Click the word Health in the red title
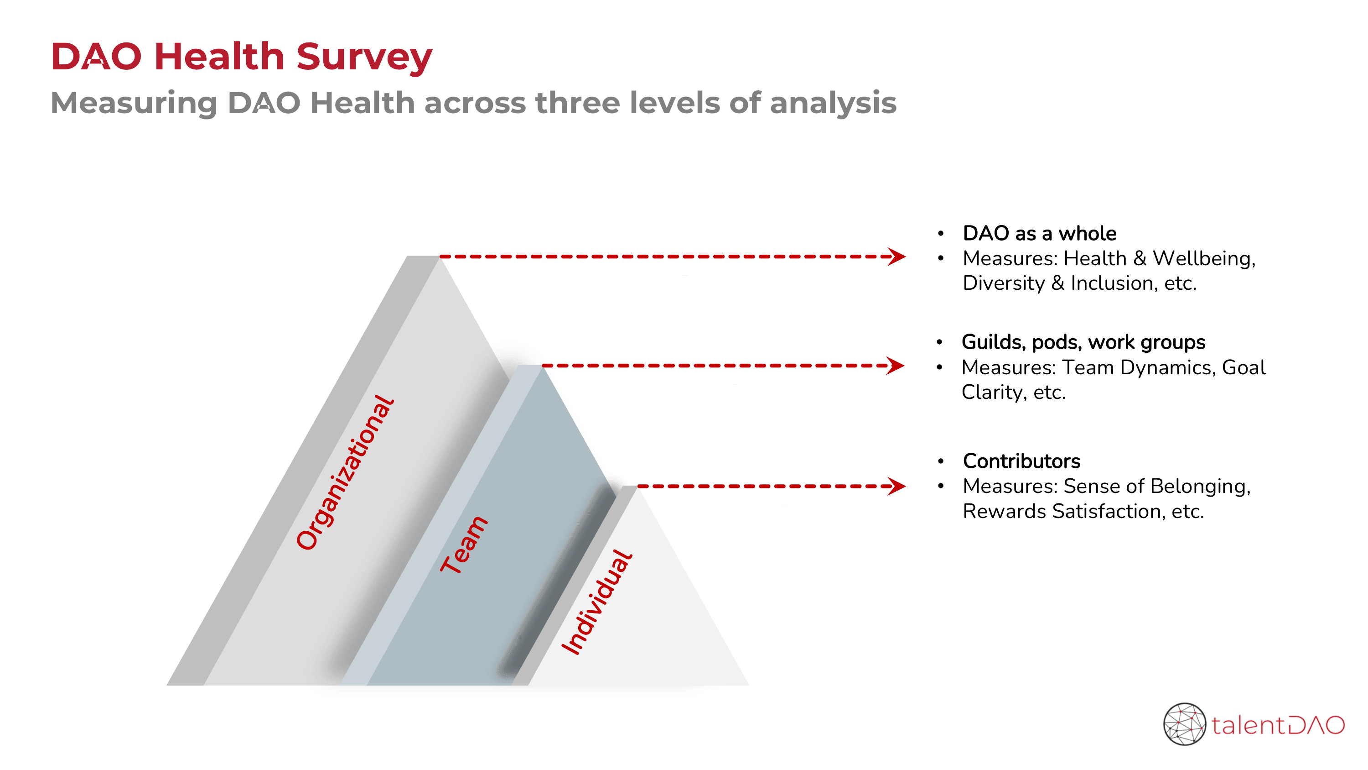[219, 56]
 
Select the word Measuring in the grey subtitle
[134, 104]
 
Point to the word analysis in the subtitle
[833, 103]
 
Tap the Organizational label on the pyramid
[345, 472]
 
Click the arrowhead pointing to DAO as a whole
[897, 257]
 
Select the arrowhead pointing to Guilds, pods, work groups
[896, 366]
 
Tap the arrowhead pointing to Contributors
[897, 486]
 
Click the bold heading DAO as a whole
[1039, 233]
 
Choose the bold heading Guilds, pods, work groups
[1083, 342]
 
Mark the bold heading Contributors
[1021, 461]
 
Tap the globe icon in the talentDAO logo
[1184, 724]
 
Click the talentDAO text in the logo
[1278, 725]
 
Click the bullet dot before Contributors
[940, 461]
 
